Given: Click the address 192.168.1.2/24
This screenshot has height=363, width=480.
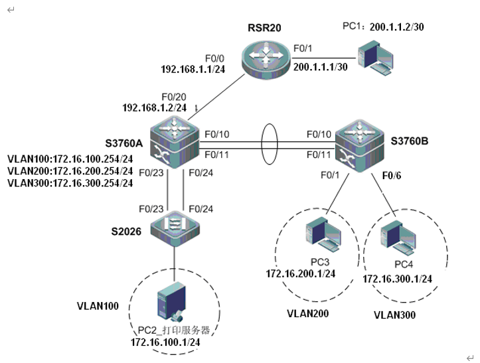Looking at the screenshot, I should [155, 106].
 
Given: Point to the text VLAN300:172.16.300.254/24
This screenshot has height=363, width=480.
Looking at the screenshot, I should [70, 182].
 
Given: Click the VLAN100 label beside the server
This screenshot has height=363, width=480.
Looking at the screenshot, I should [98, 306].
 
